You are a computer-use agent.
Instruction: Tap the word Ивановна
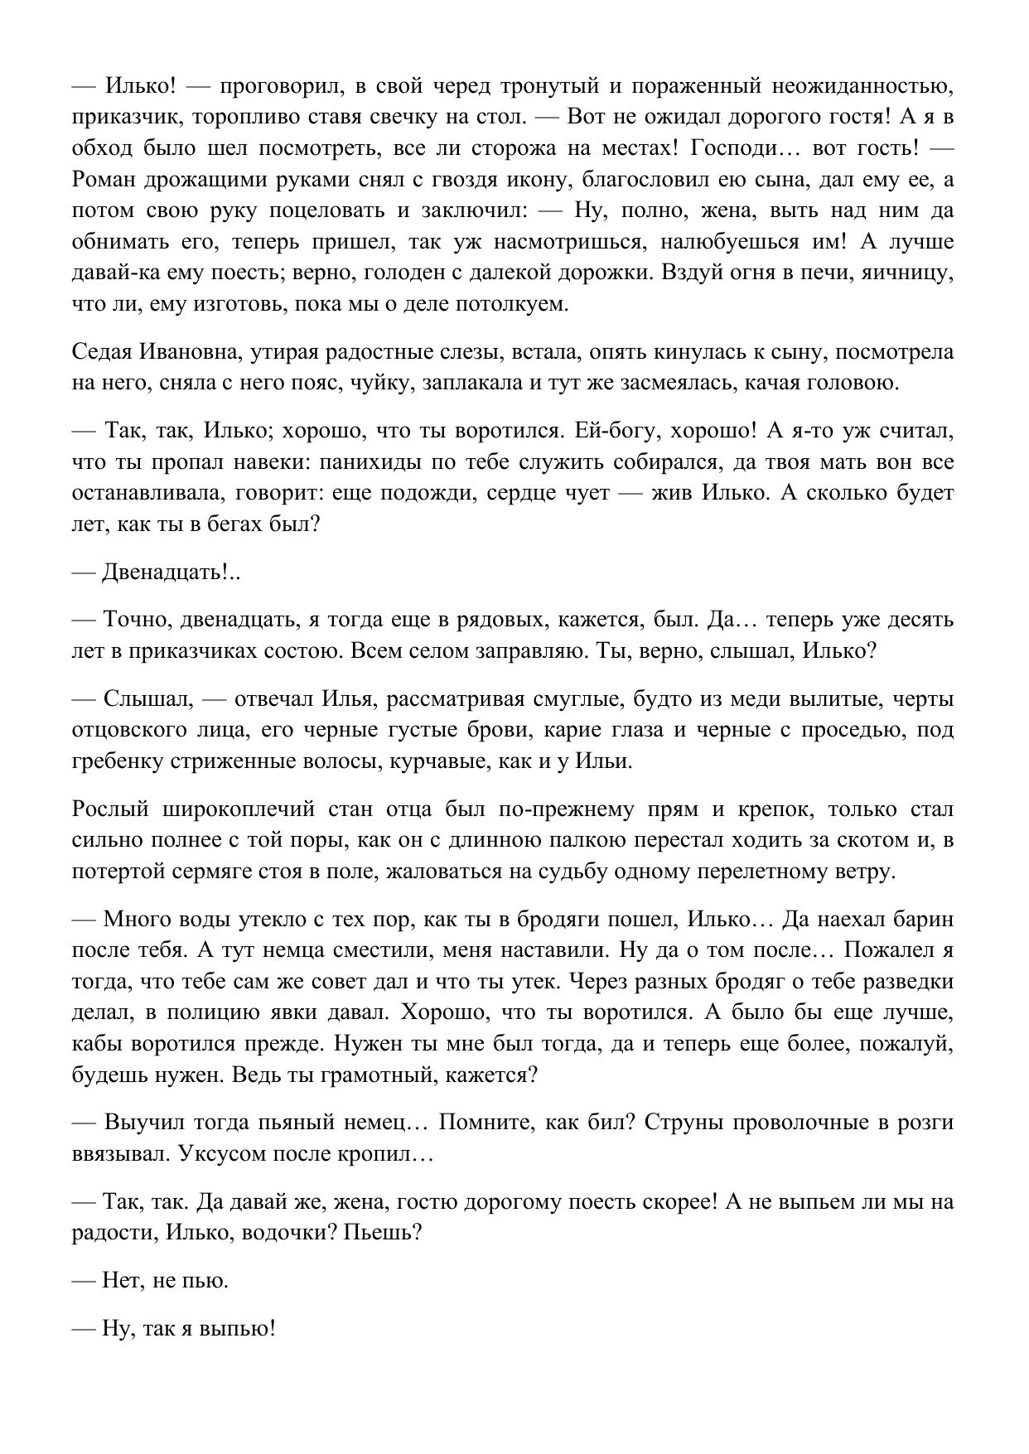click(x=181, y=351)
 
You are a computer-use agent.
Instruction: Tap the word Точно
click(x=136, y=619)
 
